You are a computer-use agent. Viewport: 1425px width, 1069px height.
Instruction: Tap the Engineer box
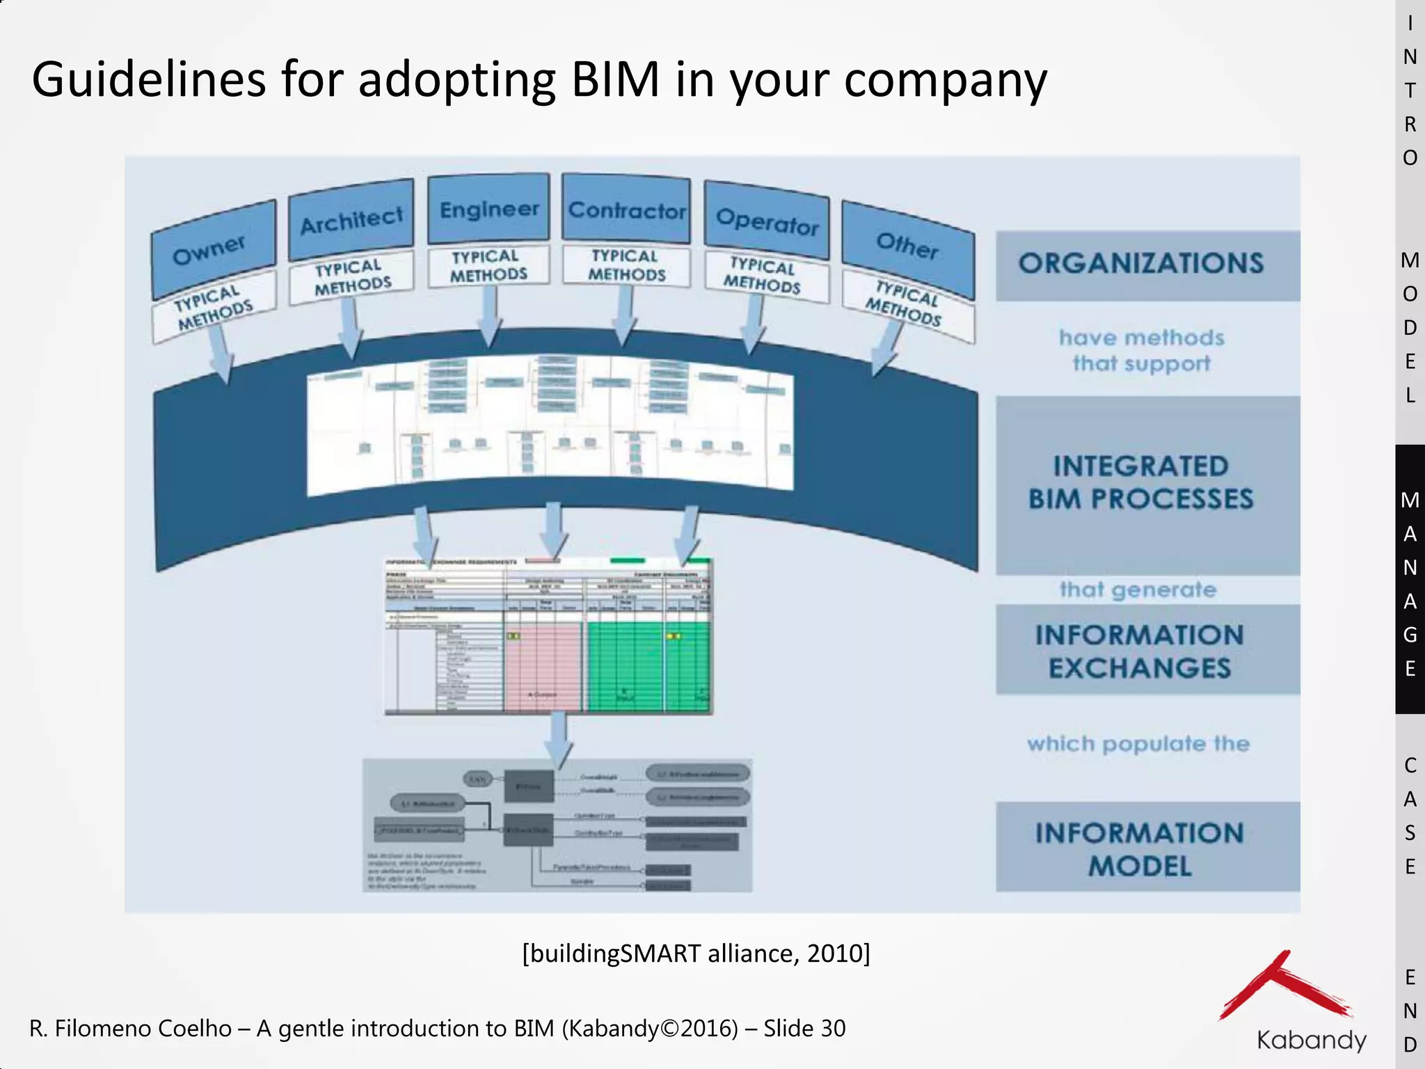489,209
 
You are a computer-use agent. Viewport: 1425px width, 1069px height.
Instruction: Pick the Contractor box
626,209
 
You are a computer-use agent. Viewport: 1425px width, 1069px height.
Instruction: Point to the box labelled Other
907,246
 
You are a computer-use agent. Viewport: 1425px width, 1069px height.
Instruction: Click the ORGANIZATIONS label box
1141,264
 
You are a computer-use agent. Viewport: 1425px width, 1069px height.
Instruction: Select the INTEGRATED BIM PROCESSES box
1141,483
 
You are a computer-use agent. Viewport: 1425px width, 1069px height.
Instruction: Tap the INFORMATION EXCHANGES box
1141,651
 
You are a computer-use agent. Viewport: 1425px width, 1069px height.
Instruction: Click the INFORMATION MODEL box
1141,848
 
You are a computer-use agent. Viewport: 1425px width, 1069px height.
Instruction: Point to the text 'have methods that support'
1141,350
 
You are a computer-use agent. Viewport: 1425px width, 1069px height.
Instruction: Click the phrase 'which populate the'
1138,743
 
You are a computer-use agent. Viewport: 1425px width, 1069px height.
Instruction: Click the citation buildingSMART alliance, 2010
696,953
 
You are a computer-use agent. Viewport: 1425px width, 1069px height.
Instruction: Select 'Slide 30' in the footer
804,1028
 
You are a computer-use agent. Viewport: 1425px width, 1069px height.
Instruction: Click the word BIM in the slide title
615,79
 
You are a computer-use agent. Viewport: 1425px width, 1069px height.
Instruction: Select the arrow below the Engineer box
490,317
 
